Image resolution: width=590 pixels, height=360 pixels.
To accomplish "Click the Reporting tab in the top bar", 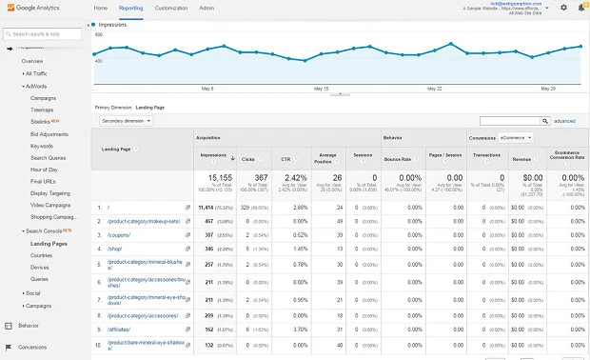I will (131, 8).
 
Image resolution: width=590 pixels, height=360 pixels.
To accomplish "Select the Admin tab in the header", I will (206, 8).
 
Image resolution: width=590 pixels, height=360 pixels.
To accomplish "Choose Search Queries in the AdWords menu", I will (49, 157).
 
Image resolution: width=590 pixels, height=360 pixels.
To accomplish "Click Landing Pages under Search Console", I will (49, 244).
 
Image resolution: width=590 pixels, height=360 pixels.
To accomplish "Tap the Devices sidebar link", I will (41, 268).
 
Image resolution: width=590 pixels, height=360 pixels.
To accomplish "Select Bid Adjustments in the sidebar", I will (49, 133).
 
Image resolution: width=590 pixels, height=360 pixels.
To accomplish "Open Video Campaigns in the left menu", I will (51, 205).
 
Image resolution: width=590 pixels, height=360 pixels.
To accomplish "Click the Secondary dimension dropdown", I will (126, 121).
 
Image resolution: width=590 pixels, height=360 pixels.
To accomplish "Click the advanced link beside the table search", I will (564, 121).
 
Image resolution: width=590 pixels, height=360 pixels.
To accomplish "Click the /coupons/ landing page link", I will (111, 234).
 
